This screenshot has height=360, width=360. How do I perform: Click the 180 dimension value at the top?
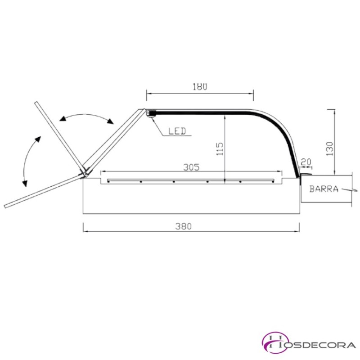[200, 87]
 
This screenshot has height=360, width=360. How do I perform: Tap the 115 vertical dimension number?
[220, 149]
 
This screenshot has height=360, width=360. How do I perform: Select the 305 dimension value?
[192, 167]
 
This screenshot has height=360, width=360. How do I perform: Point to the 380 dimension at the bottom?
[184, 226]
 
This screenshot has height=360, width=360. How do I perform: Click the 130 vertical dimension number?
[329, 149]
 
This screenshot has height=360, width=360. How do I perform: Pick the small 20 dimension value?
[306, 162]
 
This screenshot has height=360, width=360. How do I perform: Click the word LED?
[177, 131]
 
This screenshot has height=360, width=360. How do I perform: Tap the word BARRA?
[324, 189]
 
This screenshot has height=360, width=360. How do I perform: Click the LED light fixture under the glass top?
[151, 114]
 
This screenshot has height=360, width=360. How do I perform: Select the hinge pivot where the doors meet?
[85, 173]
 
